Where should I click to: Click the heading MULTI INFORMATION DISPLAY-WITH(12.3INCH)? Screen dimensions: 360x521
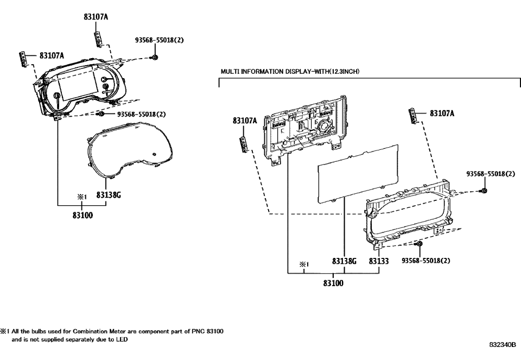tap(290, 72)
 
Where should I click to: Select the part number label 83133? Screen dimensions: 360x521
tap(379, 261)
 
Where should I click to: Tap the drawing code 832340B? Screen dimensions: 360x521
tap(503, 344)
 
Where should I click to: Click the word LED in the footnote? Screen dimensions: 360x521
tap(123, 339)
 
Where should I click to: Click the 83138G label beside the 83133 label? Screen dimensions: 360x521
tap(345, 261)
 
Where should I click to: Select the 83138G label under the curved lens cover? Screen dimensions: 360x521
tap(109, 194)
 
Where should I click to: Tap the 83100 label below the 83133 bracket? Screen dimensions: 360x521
tap(333, 282)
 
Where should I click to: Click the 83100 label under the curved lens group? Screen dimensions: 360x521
tap(82, 215)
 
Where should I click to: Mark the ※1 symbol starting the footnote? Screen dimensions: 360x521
tap(4, 331)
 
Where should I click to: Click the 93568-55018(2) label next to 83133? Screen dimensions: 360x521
tap(426, 261)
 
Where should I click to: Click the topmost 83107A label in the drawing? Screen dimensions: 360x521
tap(96, 17)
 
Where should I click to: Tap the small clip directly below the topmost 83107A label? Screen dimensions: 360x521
tap(98, 39)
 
